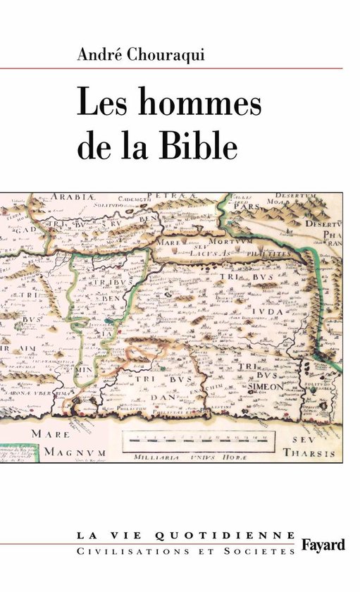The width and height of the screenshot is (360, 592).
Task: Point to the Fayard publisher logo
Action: (x=323, y=544)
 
